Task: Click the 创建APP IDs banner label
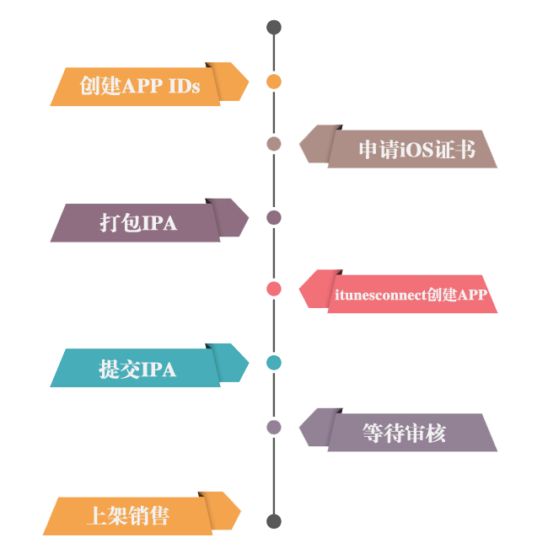pyautogui.click(x=140, y=86)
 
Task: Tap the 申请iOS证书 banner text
pyautogui.click(x=416, y=150)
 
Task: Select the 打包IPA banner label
pyautogui.click(x=138, y=223)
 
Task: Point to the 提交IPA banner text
pyautogui.click(x=137, y=369)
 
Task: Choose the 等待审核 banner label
pyautogui.click(x=404, y=433)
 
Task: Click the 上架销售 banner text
pyautogui.click(x=128, y=515)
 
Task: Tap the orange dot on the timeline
pyautogui.click(x=274, y=82)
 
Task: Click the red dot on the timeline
pyautogui.click(x=274, y=289)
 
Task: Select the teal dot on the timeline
pyautogui.click(x=274, y=363)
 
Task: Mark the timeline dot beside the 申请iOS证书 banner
pyautogui.click(x=274, y=144)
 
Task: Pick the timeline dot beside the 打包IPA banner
pyautogui.click(x=274, y=217)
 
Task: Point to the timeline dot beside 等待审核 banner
pyautogui.click(x=274, y=427)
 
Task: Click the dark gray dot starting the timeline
pyautogui.click(x=274, y=27)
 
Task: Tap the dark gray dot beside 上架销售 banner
pyautogui.click(x=274, y=521)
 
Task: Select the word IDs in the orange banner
pyautogui.click(x=184, y=86)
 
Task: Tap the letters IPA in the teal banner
pyautogui.click(x=158, y=369)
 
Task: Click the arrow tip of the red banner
pyautogui.click(x=301, y=291)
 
